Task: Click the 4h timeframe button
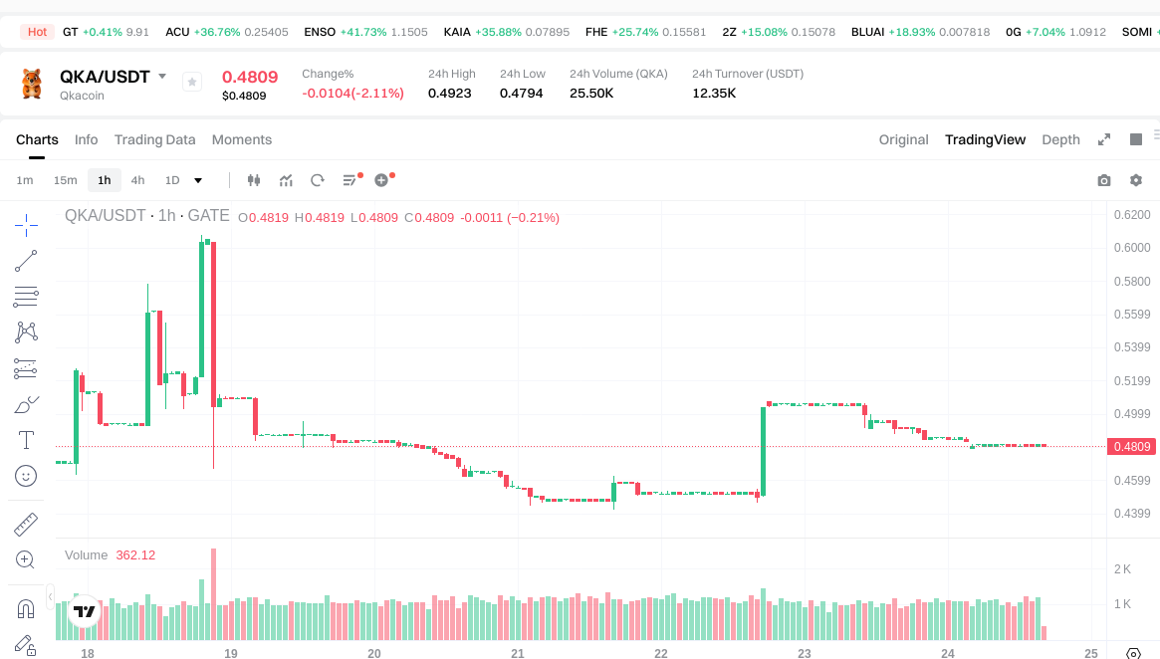tap(137, 180)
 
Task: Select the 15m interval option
tap(65, 180)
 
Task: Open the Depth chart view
tap(1060, 139)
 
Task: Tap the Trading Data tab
tap(154, 139)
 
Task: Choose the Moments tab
tap(242, 139)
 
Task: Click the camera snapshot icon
tap(1103, 180)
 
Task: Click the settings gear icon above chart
tap(1135, 180)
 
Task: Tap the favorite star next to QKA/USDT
tap(192, 82)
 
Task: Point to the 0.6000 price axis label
tap(1131, 248)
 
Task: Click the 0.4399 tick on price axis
tap(1131, 514)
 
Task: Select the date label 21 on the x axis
tap(518, 653)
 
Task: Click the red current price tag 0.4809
tap(1132, 447)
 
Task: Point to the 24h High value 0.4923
tap(450, 94)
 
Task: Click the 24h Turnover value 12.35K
tap(714, 94)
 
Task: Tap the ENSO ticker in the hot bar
tap(320, 32)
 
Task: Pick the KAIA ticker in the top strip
tap(457, 32)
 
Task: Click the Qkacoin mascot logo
tap(32, 84)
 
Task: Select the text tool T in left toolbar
tap(26, 440)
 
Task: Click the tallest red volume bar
tap(213, 593)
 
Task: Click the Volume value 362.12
tap(135, 555)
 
